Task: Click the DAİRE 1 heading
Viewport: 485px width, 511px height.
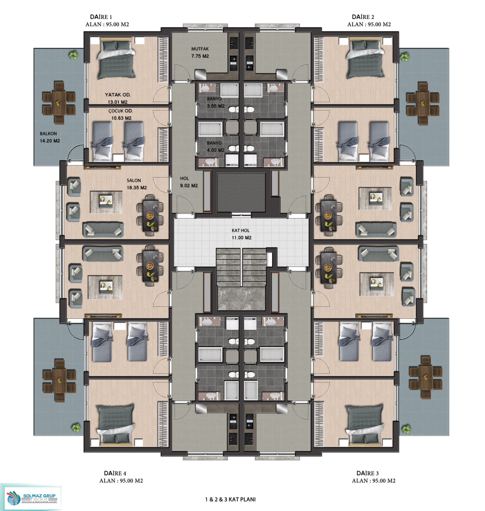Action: (x=101, y=17)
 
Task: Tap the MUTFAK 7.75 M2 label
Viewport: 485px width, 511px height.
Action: (x=200, y=52)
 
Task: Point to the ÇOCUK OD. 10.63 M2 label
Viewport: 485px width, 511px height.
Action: (x=121, y=115)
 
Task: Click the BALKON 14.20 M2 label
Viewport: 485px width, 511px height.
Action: (x=50, y=137)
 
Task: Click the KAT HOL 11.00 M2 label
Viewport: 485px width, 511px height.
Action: (x=242, y=234)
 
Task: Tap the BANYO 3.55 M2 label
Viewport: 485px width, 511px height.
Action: (x=216, y=102)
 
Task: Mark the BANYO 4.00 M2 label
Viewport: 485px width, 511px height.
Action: (x=216, y=147)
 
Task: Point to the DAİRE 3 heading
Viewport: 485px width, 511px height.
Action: (x=367, y=473)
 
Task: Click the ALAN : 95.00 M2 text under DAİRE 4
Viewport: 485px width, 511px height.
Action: (x=121, y=481)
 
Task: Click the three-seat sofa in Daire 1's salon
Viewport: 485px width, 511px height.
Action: (x=103, y=230)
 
